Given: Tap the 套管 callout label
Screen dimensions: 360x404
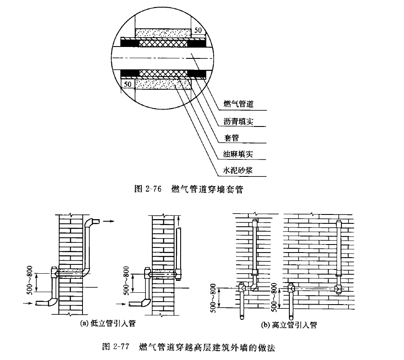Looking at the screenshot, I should point(231,137).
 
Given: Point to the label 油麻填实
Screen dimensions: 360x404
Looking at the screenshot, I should point(239,154).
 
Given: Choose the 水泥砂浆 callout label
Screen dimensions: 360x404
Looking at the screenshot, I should point(239,170).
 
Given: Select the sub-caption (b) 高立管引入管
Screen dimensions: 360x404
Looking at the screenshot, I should point(288,325).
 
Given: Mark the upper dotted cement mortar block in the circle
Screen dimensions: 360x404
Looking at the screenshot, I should point(163,32).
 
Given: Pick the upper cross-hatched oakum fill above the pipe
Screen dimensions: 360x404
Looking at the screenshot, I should point(163,43).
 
